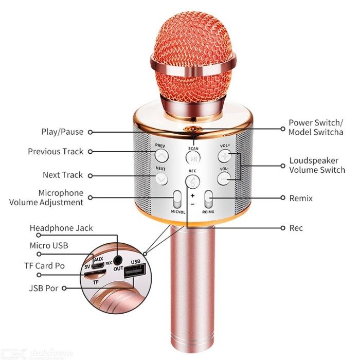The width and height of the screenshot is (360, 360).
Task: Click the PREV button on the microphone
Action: (x=161, y=156)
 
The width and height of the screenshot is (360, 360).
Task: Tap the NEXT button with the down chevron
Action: (x=161, y=178)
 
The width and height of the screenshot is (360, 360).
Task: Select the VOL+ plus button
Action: (x=225, y=156)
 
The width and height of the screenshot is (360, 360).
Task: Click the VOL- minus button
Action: (x=224, y=178)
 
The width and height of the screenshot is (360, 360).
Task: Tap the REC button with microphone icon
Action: (x=192, y=182)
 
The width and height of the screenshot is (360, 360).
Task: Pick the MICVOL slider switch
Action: (x=177, y=200)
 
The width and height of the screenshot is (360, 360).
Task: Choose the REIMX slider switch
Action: (x=208, y=200)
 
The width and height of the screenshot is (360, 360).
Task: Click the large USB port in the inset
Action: (x=135, y=271)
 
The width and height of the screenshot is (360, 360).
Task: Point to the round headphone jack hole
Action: (x=118, y=260)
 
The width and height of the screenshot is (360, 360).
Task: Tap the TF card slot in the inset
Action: (x=95, y=274)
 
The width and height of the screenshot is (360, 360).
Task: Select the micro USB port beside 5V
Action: (x=98, y=265)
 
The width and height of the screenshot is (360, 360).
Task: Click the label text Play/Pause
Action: (x=62, y=132)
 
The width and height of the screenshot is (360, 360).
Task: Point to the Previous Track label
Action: (x=56, y=152)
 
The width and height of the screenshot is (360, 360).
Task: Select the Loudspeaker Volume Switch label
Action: (x=317, y=165)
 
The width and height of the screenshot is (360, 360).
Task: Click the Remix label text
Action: (x=301, y=198)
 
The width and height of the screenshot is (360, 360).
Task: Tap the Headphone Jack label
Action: (x=61, y=228)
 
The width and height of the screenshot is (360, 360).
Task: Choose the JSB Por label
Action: (x=44, y=288)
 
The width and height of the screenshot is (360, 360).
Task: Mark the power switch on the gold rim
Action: (x=193, y=129)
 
